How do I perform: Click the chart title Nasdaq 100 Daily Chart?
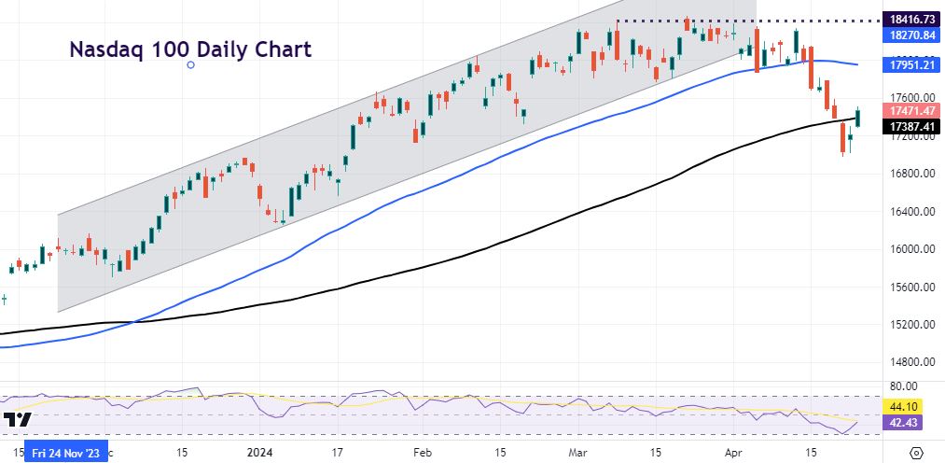190,49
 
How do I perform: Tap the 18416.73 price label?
912,19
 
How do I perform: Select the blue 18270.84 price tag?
912,35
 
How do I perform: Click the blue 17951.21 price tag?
912,65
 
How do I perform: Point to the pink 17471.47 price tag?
912,110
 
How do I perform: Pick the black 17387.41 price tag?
912,125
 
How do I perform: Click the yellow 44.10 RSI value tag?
902,408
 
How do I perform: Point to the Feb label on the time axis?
422,453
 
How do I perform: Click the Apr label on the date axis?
733,453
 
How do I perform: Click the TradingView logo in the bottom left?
17,421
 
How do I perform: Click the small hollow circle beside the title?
191,64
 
